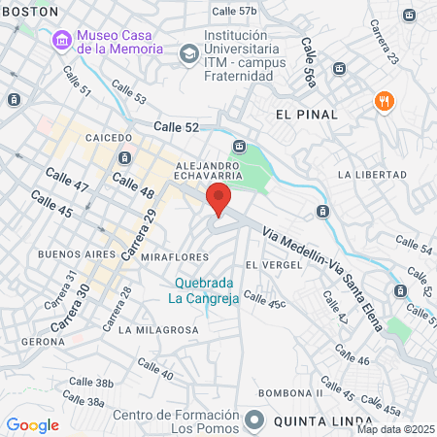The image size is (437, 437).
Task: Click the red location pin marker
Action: (x=218, y=200)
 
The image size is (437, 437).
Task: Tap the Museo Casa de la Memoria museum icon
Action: (x=63, y=40)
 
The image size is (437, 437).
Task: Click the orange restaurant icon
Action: (x=385, y=101)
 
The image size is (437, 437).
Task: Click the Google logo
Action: (x=32, y=425)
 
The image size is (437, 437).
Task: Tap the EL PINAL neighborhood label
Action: (x=307, y=115)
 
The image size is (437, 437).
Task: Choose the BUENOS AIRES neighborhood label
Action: (x=69, y=254)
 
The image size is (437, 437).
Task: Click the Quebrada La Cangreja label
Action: (x=204, y=290)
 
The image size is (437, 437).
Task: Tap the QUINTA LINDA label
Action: (x=313, y=421)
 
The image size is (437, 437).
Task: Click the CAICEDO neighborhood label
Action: (x=108, y=138)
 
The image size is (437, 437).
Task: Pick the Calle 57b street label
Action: (x=234, y=12)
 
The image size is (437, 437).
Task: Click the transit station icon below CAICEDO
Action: (x=123, y=158)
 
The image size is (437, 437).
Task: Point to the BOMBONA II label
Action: (x=289, y=393)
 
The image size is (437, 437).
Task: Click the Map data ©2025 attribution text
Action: (x=395, y=429)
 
